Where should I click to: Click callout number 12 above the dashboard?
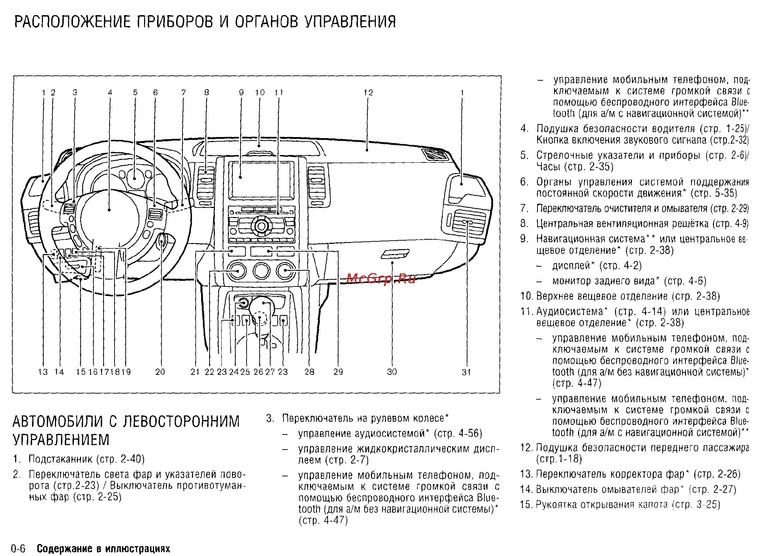[368, 93]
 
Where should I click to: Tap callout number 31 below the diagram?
[466, 372]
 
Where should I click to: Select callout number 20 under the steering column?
[160, 372]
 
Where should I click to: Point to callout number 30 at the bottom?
[392, 372]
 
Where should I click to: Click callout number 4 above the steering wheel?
[110, 93]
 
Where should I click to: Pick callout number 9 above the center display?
[241, 93]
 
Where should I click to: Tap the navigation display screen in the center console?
[261, 180]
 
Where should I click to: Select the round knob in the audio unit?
[261, 224]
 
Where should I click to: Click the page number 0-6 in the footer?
[18, 549]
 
